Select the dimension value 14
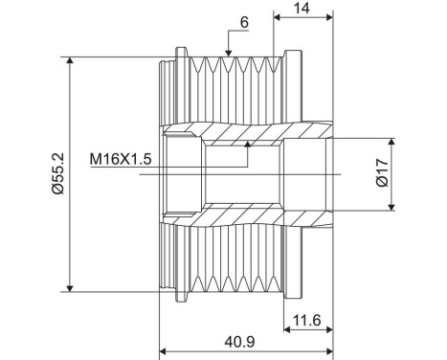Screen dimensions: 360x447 [302, 8]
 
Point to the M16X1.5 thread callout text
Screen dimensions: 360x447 [122, 157]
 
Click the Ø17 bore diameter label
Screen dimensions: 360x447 [380, 171]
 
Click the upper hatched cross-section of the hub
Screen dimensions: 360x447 [239, 131]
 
